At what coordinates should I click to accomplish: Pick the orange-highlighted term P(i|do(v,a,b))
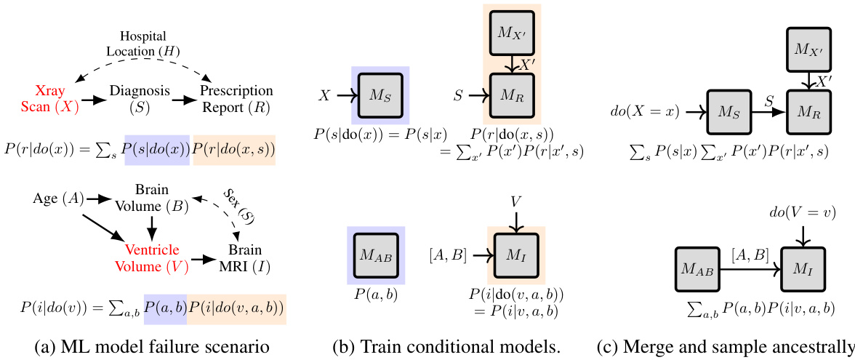pyautogui.click(x=236, y=308)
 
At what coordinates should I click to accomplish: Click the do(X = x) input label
pyautogui.click(x=644, y=112)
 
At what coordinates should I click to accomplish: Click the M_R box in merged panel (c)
pyautogui.click(x=808, y=112)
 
